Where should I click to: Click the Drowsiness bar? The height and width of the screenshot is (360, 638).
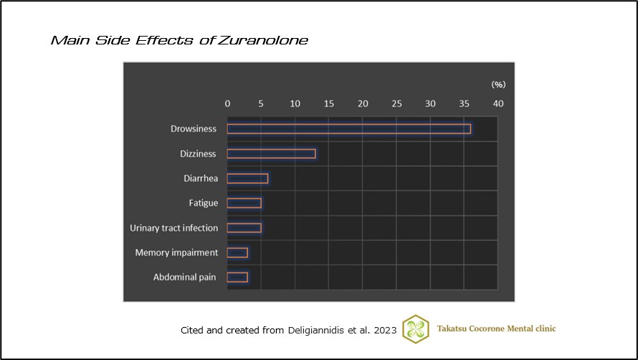(x=348, y=129)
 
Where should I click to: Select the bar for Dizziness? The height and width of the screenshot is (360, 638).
(x=271, y=153)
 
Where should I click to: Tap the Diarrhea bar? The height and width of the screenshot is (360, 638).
(x=247, y=179)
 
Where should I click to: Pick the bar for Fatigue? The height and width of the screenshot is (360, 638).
(x=244, y=203)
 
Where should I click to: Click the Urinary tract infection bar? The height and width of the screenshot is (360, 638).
(x=244, y=228)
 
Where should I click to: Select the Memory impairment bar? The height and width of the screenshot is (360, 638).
(x=237, y=252)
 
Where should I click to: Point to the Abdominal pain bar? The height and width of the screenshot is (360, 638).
(x=237, y=277)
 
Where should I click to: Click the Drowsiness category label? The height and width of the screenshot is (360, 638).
(x=194, y=129)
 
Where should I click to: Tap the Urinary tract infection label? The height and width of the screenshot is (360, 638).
(x=173, y=228)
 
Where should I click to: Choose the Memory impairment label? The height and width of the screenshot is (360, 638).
(x=176, y=252)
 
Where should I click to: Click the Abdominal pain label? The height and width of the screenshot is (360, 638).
(x=185, y=277)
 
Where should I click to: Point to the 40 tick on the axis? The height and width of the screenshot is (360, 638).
(x=497, y=103)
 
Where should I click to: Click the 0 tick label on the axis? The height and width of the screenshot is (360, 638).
(x=227, y=103)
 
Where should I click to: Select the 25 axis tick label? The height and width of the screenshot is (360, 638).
(x=396, y=103)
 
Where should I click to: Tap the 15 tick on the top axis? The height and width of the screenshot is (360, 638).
(x=328, y=103)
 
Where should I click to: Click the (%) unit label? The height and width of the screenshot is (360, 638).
(x=498, y=85)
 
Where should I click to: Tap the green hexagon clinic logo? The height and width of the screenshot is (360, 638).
(x=416, y=328)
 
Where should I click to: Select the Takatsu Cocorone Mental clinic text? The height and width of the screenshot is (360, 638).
(x=496, y=328)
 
